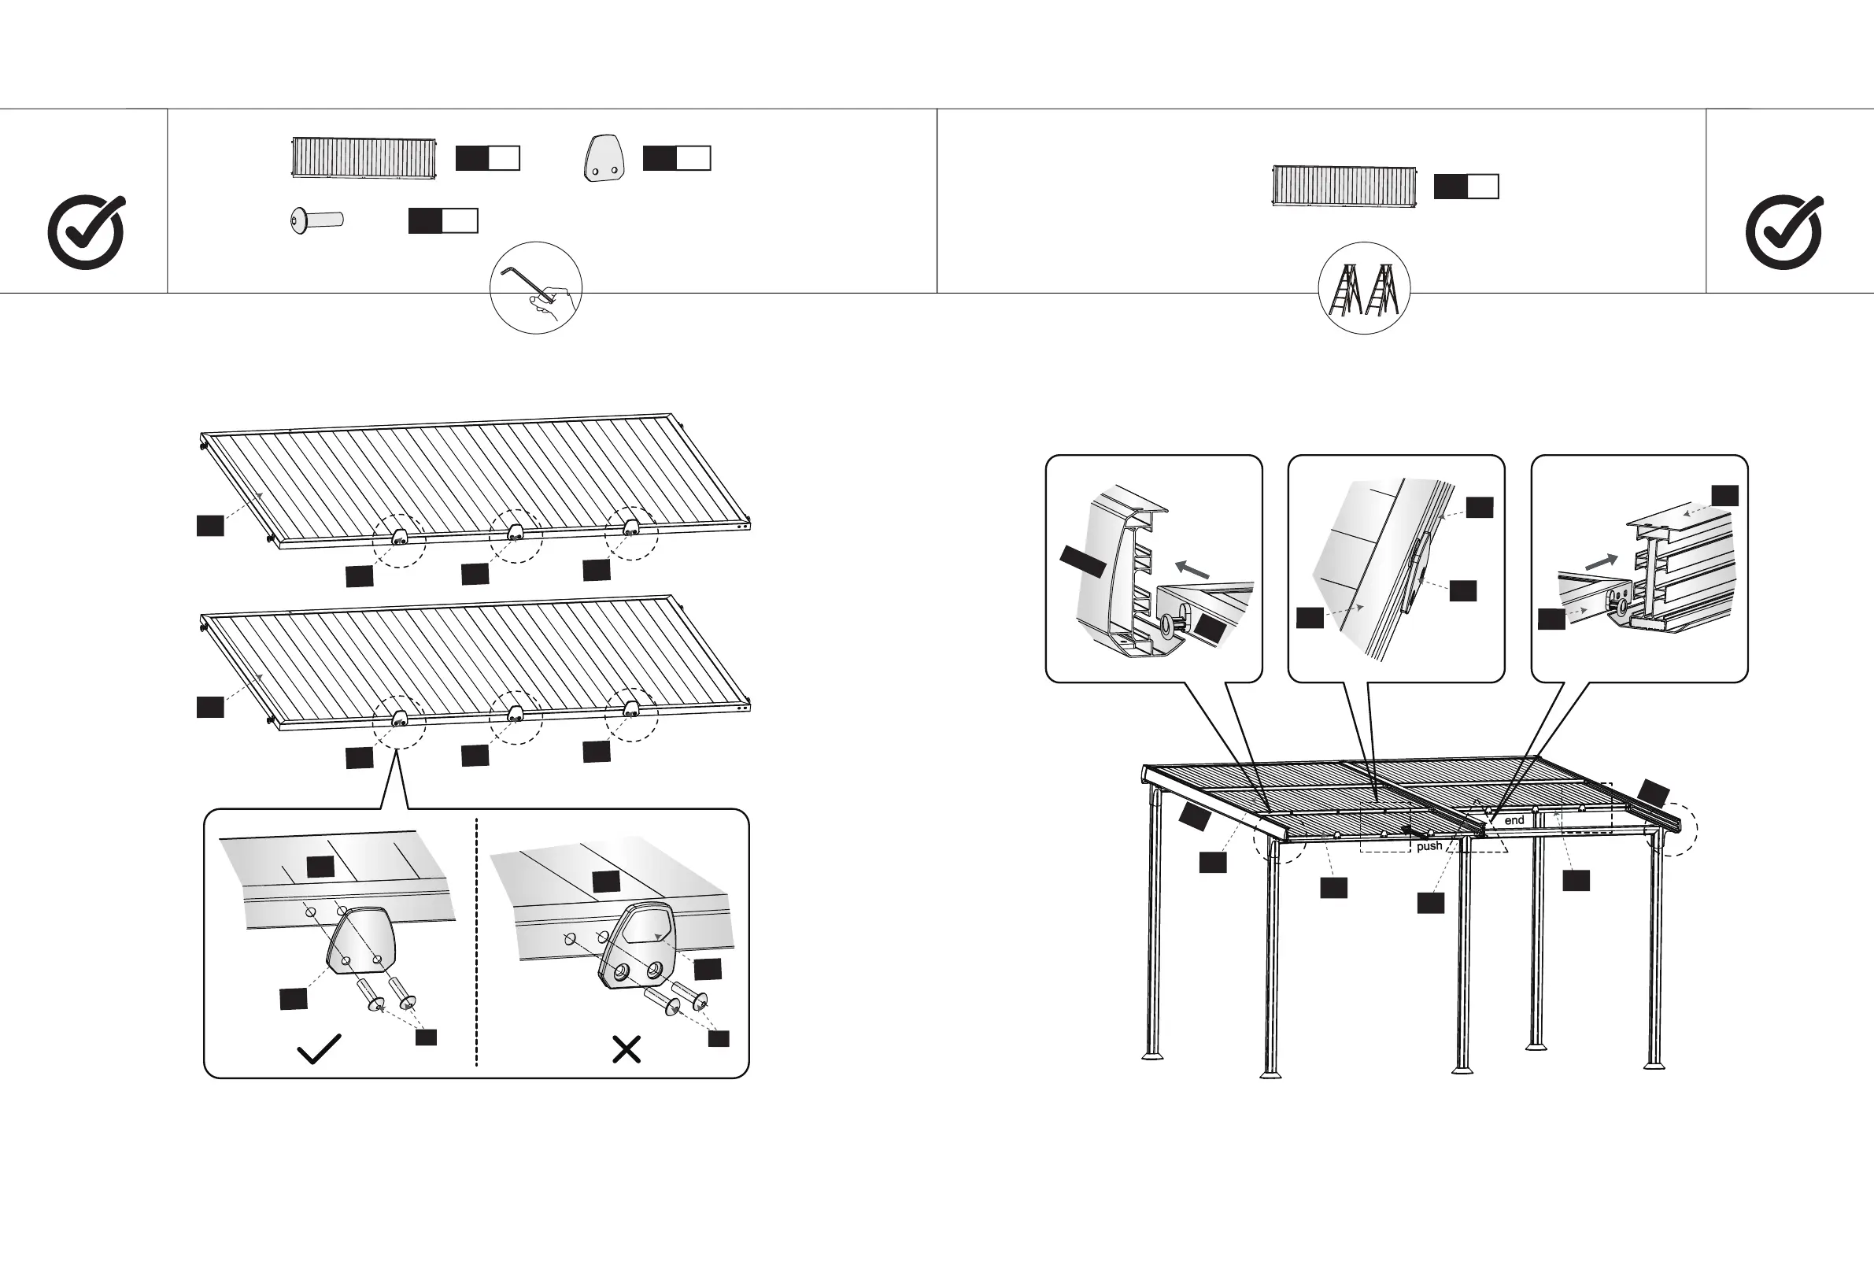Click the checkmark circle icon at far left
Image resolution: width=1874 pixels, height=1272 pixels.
[87, 232]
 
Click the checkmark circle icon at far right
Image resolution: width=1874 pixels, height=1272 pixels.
[1783, 232]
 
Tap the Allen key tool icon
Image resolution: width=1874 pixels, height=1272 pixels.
[535, 287]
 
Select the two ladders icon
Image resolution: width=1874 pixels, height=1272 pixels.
[1363, 288]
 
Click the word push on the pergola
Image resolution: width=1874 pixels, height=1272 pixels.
[1429, 846]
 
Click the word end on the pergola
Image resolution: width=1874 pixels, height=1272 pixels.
[1514, 820]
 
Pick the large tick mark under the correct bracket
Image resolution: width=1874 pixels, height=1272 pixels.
[319, 1048]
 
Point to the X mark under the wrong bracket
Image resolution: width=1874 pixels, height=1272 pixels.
[627, 1049]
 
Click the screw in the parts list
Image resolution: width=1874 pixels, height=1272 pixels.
[317, 220]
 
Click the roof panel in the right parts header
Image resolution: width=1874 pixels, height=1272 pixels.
[1344, 187]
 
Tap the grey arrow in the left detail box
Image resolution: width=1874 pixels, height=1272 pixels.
[1191, 569]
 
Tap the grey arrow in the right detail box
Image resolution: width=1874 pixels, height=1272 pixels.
[1601, 561]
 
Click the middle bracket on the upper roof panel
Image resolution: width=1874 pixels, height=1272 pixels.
[513, 533]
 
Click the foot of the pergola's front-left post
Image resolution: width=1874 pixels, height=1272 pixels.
[1271, 1073]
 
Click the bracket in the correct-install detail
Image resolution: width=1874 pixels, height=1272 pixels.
[361, 941]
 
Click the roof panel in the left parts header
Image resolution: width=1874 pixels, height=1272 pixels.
[364, 158]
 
